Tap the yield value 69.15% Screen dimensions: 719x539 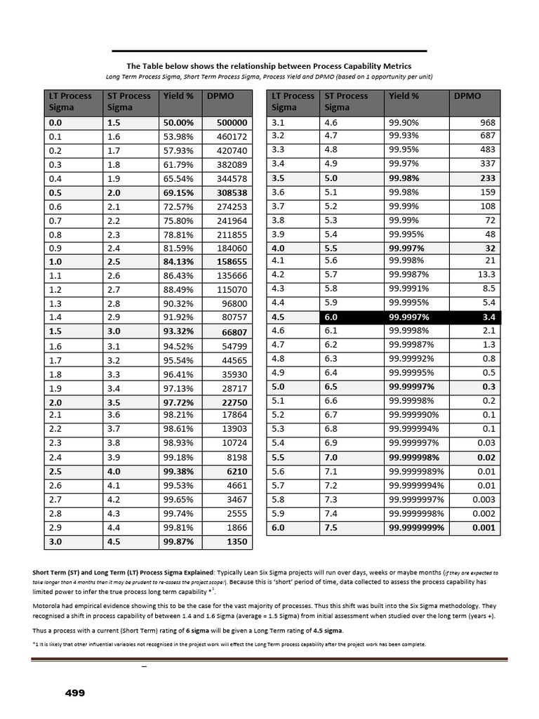tap(178, 192)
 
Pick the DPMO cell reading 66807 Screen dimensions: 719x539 tap(234, 331)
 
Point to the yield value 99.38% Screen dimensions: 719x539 tap(178, 470)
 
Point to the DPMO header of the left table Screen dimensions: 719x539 tap(218, 95)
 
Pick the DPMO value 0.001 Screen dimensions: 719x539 tap(483, 527)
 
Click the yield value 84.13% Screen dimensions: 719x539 tap(178, 261)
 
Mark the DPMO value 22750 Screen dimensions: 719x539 tap(234, 402)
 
